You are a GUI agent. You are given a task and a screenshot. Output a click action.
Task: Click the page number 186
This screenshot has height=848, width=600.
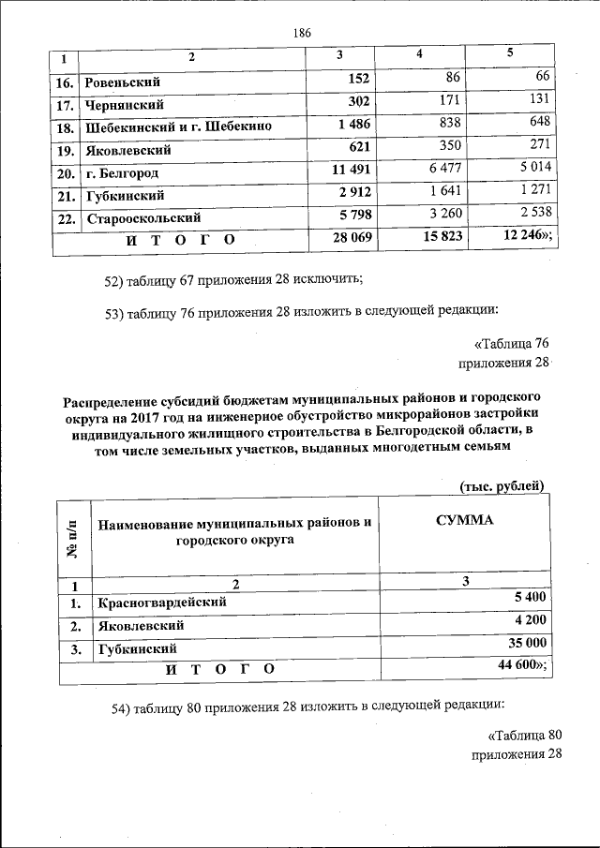click(301, 33)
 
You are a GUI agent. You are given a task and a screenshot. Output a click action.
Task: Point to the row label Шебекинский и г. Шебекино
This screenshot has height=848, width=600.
click(178, 126)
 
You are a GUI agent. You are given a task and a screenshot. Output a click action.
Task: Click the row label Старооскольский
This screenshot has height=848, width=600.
click(137, 219)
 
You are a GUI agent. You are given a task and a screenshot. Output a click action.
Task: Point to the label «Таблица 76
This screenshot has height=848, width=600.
click(511, 344)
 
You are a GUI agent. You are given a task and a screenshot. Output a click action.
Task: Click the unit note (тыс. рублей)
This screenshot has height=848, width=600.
click(502, 484)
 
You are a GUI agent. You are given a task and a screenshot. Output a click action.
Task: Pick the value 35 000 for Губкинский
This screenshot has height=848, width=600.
click(527, 643)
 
